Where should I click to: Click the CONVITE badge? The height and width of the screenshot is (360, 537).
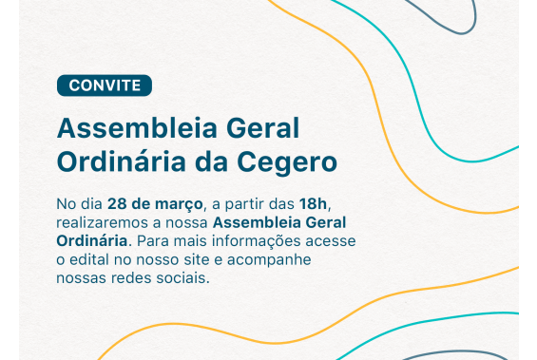click(x=105, y=85)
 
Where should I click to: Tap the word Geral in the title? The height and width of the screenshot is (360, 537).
click(x=263, y=127)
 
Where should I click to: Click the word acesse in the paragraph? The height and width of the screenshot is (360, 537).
click(x=332, y=240)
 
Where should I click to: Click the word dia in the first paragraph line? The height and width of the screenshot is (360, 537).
click(x=90, y=204)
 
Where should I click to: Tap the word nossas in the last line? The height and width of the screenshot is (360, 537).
click(x=82, y=278)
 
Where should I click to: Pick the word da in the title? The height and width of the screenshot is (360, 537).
click(x=208, y=162)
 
